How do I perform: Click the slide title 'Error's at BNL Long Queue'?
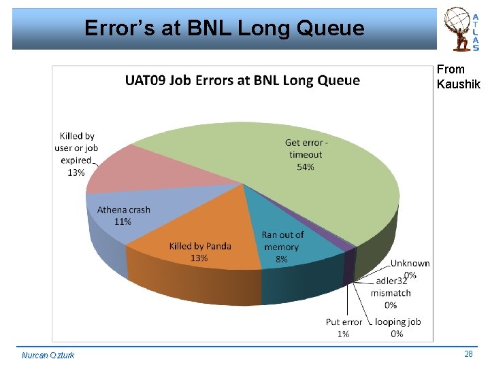click(224, 29)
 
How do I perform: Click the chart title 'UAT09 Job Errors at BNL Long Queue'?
click(242, 81)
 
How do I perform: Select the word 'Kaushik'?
click(458, 84)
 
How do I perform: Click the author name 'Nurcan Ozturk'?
click(48, 355)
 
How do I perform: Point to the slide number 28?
click(468, 354)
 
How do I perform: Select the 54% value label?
click(306, 167)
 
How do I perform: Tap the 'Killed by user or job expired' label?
click(77, 148)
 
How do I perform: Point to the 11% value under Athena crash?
click(123, 222)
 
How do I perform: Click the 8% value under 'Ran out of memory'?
click(282, 259)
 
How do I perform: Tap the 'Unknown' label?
click(410, 263)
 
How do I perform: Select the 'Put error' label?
click(344, 322)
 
